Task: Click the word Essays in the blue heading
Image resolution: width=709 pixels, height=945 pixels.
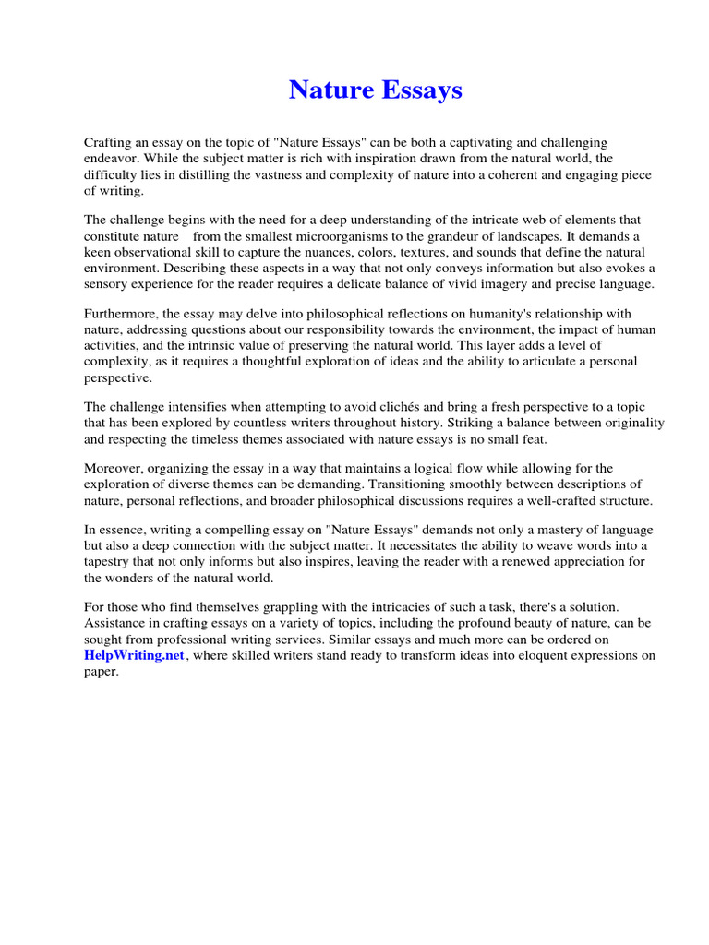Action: pyautogui.click(x=421, y=90)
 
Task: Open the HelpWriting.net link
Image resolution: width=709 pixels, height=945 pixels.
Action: pyautogui.click(x=135, y=655)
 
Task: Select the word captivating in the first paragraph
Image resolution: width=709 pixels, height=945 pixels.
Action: pyautogui.click(x=486, y=142)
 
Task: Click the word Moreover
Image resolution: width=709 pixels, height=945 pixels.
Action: pyautogui.click(x=114, y=468)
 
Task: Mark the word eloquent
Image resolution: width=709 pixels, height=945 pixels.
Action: pyautogui.click(x=535, y=656)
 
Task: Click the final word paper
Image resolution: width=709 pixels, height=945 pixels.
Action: pyautogui.click(x=102, y=672)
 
